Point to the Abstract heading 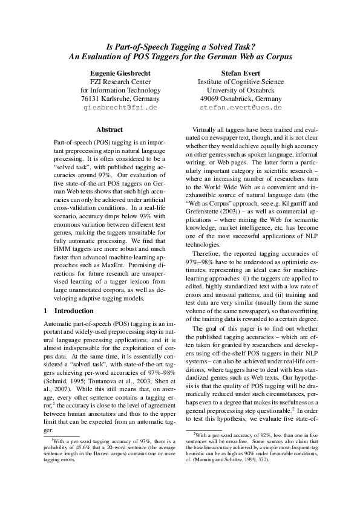[110, 129]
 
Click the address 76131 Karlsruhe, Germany [120, 98]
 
